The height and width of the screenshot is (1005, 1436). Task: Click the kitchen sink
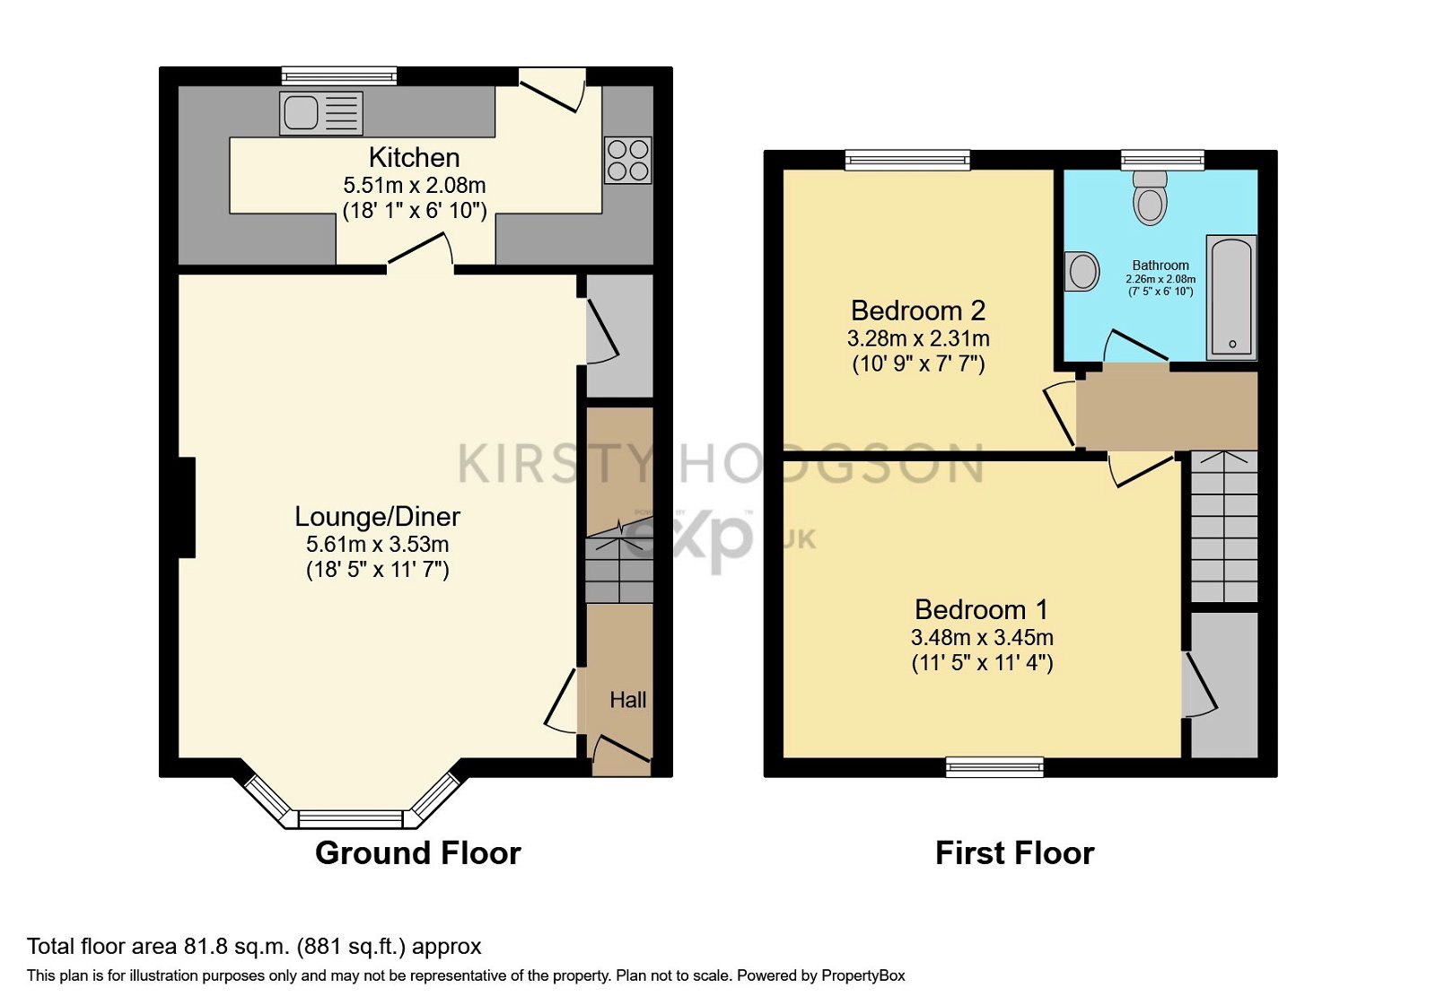(x=321, y=113)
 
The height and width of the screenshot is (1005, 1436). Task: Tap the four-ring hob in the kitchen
(x=628, y=160)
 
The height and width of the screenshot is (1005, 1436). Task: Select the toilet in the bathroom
(x=1150, y=197)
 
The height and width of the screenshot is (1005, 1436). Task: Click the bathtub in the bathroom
(x=1231, y=298)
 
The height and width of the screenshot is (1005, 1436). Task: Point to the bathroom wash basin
(x=1081, y=271)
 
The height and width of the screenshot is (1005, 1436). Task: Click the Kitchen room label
(x=414, y=158)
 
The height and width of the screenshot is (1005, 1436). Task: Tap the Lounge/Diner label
(x=377, y=517)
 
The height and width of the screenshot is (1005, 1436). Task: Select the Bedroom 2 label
(x=918, y=310)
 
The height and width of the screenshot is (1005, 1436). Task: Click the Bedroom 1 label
(x=982, y=609)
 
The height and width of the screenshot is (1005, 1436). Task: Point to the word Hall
(x=627, y=700)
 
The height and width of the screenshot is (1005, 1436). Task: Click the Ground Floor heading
(x=418, y=853)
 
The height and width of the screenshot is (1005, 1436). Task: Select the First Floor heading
(x=1015, y=853)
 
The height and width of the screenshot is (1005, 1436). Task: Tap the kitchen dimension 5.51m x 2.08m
(x=414, y=185)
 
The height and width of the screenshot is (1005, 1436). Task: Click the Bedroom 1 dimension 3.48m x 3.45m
(x=982, y=638)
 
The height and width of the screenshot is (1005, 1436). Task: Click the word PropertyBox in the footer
(x=862, y=976)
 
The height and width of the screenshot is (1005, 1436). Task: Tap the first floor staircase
(x=1224, y=526)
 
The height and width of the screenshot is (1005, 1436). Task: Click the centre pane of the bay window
(x=351, y=819)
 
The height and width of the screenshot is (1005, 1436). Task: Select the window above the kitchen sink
(x=339, y=76)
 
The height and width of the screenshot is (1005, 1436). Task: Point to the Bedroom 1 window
(x=995, y=767)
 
